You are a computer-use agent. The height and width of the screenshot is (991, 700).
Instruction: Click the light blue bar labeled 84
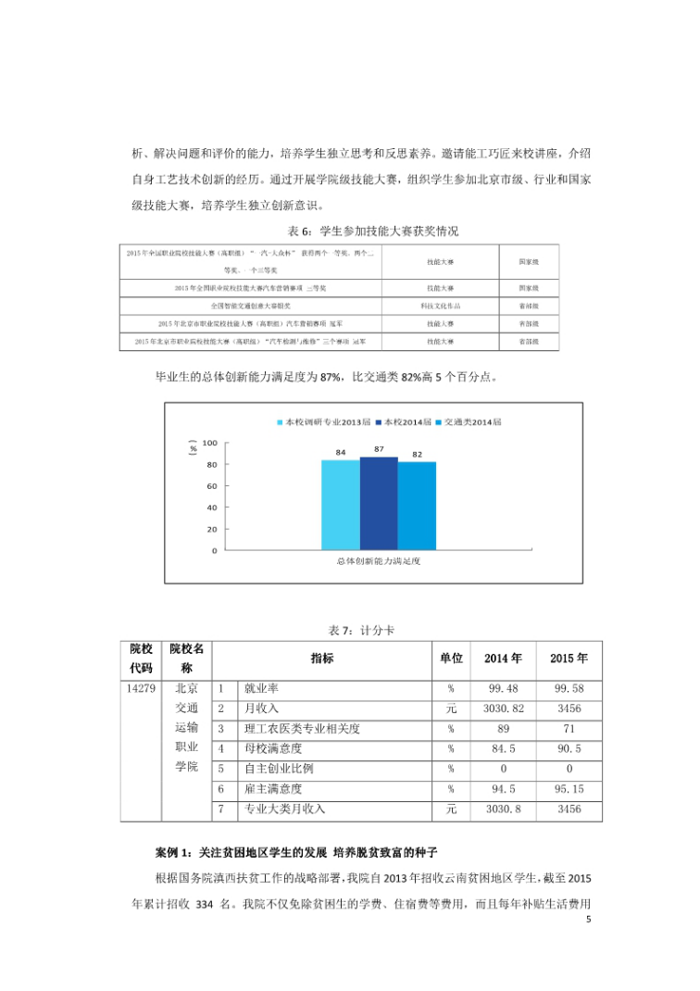point(341,505)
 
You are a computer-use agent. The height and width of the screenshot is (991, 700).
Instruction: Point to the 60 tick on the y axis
point(212,486)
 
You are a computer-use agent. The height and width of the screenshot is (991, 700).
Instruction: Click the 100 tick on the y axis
point(209,444)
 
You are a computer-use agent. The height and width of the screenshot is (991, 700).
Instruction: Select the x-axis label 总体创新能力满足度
point(379,561)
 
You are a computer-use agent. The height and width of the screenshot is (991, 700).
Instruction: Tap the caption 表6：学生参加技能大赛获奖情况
point(374,231)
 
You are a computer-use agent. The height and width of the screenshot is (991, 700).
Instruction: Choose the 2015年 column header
point(569,659)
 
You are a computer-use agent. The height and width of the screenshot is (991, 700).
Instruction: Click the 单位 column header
point(451,659)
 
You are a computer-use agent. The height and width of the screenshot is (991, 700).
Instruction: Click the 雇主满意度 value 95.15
point(569,790)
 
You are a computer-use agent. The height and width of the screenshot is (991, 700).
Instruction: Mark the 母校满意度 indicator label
point(273,749)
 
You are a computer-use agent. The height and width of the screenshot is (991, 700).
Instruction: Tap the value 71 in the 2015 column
point(569,730)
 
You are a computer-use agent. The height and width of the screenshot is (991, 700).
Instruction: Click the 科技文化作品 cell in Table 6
point(440,306)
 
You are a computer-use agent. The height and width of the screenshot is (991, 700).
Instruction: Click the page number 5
point(588,920)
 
